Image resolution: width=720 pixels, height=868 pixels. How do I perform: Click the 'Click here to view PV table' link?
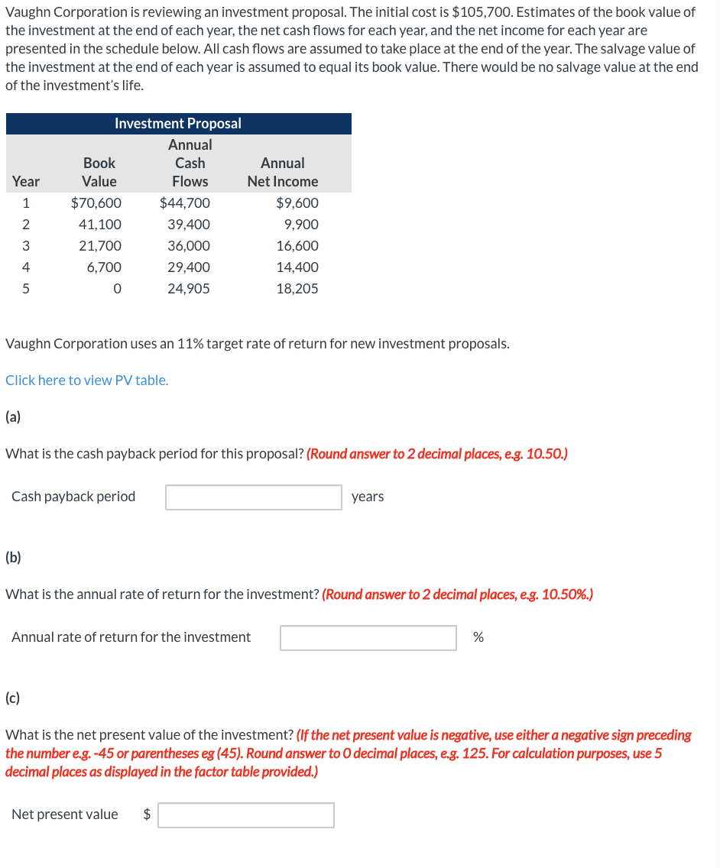point(86,381)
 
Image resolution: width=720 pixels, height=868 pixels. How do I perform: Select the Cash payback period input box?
point(254,497)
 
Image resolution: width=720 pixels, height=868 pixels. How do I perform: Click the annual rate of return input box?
point(368,638)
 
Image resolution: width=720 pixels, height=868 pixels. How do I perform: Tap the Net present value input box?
point(246,815)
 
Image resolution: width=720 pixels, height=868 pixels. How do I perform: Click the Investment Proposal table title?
point(178,124)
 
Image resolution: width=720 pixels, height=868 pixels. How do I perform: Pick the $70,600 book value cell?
point(96,203)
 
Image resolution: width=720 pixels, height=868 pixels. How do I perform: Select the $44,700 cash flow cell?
point(185,203)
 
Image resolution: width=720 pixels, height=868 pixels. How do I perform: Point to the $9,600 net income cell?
point(297,203)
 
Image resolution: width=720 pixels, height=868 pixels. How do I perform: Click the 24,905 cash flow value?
point(188,289)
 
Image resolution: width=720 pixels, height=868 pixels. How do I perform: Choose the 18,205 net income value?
point(297,289)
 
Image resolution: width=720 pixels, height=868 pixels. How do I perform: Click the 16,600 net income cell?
point(297,246)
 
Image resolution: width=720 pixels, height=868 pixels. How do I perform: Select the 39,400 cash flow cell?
point(188,225)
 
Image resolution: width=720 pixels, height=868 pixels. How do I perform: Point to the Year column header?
point(26,182)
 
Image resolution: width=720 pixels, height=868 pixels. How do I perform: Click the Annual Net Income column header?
point(283,173)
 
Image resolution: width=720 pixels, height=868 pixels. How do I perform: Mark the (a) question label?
point(13,416)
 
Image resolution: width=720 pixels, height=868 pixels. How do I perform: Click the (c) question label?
point(13,698)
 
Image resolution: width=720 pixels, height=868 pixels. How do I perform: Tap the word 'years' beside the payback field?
point(368,497)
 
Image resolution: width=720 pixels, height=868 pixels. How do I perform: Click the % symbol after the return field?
point(478,637)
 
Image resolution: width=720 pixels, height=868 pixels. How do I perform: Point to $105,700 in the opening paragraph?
point(484,12)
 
